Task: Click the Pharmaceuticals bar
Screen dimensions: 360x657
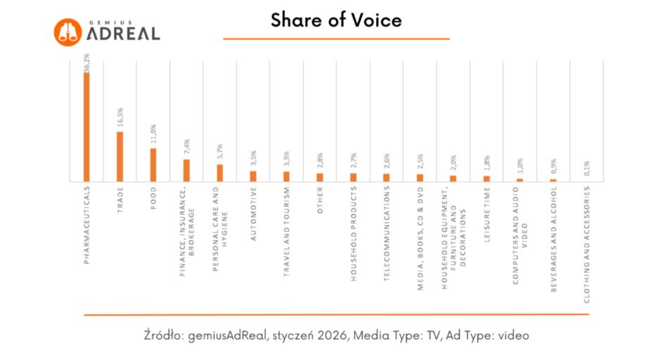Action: pyautogui.click(x=87, y=127)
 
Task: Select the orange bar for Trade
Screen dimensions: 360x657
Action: pyautogui.click(x=120, y=156)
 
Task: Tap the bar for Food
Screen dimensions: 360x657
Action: pyautogui.click(x=153, y=165)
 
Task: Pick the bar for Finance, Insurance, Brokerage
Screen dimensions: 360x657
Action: pyautogui.click(x=186, y=170)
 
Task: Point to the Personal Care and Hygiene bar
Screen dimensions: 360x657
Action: pyautogui.click(x=219, y=173)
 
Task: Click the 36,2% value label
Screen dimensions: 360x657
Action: pyautogui.click(x=87, y=62)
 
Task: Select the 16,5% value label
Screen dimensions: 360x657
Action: pyautogui.click(x=120, y=117)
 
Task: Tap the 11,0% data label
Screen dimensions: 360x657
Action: pyautogui.click(x=153, y=134)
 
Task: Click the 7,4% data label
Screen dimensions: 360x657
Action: pyautogui.click(x=186, y=146)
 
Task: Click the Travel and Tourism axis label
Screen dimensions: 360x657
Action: pyautogui.click(x=286, y=232)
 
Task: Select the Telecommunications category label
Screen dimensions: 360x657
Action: pyautogui.click(x=386, y=235)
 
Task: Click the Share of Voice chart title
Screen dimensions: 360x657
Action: pyautogui.click(x=336, y=20)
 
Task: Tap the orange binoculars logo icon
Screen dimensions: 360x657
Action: pyautogui.click(x=68, y=31)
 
